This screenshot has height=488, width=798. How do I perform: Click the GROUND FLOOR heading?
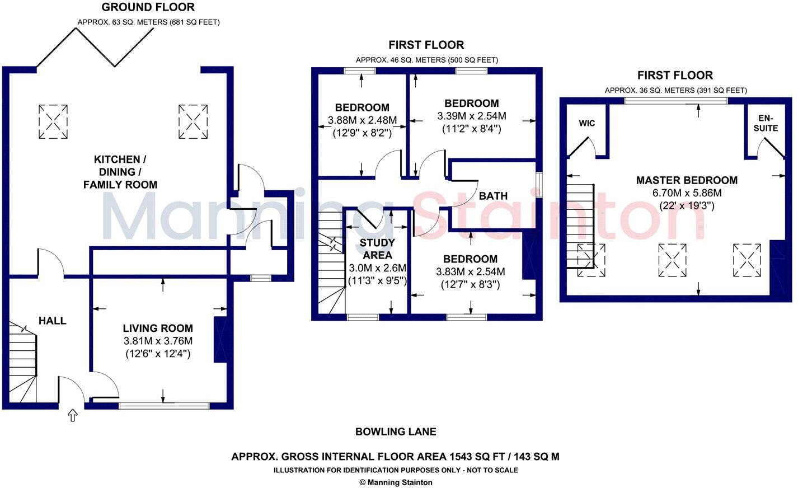pyautogui.click(x=148, y=7)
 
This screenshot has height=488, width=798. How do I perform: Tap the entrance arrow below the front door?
pyautogui.click(x=73, y=415)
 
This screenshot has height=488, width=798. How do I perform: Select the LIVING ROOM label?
pyautogui.click(x=158, y=329)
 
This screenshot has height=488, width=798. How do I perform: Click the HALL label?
pyautogui.click(x=52, y=321)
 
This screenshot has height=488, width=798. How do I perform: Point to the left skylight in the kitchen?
pyautogui.click(x=53, y=121)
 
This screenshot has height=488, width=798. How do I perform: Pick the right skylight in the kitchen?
pyautogui.click(x=193, y=121)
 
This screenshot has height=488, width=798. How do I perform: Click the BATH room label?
pyautogui.click(x=493, y=196)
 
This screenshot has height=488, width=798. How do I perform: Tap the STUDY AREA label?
pyautogui.click(x=377, y=248)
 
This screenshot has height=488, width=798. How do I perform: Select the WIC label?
pyautogui.click(x=587, y=123)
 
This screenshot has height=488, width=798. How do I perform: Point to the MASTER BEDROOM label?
pyautogui.click(x=687, y=180)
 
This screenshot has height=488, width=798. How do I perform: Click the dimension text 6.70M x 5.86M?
pyautogui.click(x=687, y=193)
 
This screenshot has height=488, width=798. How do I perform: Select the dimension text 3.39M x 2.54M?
pyautogui.click(x=471, y=116)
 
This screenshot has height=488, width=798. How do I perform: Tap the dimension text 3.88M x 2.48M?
pyautogui.click(x=362, y=120)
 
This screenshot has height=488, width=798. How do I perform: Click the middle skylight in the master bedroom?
pyautogui.click(x=673, y=260)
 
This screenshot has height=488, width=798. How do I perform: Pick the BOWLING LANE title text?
pyautogui.click(x=396, y=431)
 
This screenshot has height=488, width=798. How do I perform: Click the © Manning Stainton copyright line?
pyautogui.click(x=396, y=482)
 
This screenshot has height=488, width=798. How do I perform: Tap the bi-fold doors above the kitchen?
pyautogui.click(x=95, y=48)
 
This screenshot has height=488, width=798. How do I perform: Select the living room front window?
pyautogui.click(x=163, y=406)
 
